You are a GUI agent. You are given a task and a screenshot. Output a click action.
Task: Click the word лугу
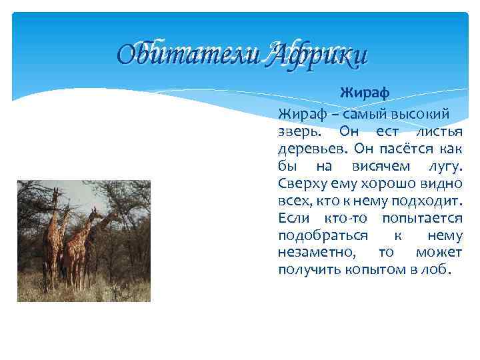(x=443, y=165)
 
